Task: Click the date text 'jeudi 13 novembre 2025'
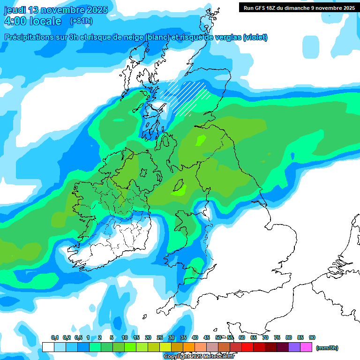click(x=56, y=10)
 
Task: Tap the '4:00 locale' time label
click(x=32, y=21)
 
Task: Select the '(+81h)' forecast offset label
click(x=81, y=21)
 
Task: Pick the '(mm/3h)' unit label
click(x=327, y=348)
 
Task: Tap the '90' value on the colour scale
click(x=312, y=338)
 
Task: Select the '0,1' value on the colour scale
click(x=54, y=338)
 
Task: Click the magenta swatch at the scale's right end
click(x=306, y=347)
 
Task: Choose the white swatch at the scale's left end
click(x=48, y=347)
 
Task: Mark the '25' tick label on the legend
click(x=160, y=338)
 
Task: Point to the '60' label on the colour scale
click(x=242, y=338)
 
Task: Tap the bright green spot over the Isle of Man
click(x=179, y=189)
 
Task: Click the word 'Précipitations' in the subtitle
click(x=29, y=37)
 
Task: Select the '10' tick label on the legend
click(x=125, y=338)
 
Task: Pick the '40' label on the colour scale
click(x=195, y=338)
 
